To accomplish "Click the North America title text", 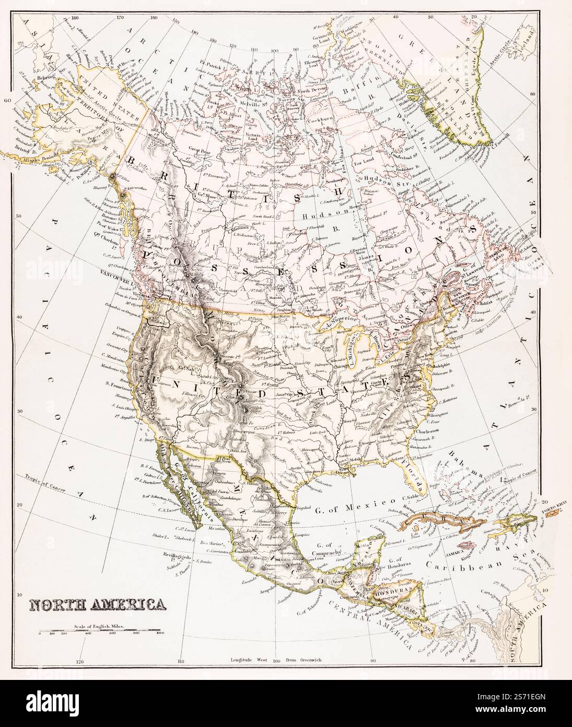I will tap(98, 605).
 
